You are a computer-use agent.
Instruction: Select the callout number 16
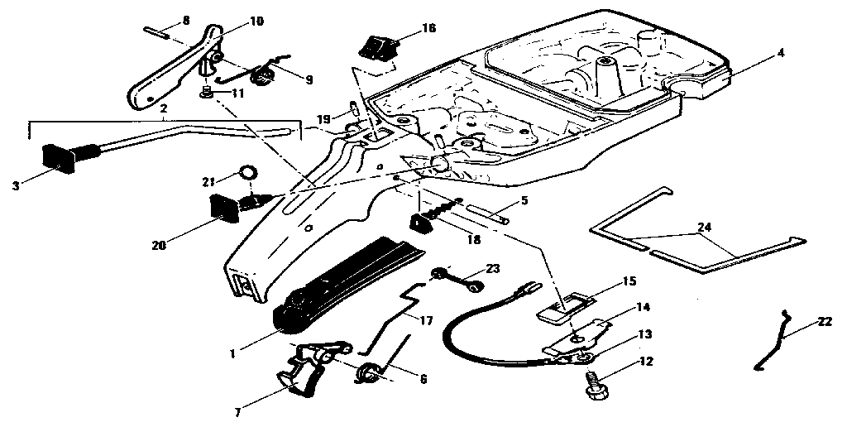tap(428, 28)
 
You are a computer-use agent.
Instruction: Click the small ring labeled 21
tap(247, 174)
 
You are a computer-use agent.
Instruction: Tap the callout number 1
tap(233, 353)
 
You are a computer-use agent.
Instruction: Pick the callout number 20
tap(159, 245)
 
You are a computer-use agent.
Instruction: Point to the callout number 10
tap(256, 21)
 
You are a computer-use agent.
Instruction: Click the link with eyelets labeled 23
tap(455, 277)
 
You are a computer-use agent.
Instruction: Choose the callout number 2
tap(164, 109)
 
